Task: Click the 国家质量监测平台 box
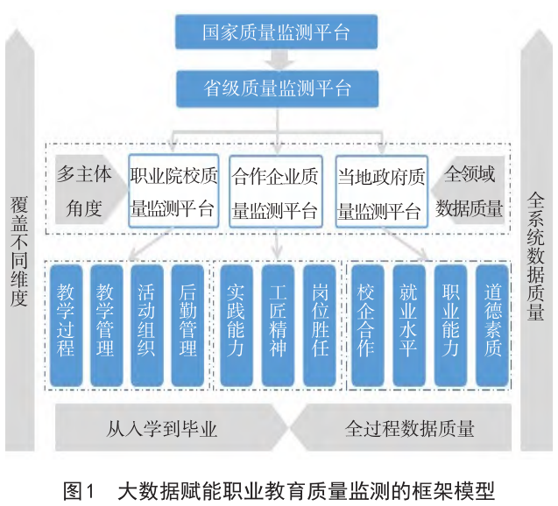point(277,32)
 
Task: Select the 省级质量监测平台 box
point(277,88)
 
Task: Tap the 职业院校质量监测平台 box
point(172,192)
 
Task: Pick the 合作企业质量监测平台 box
point(275,192)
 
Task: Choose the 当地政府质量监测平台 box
point(382,192)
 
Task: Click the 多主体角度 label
point(84,191)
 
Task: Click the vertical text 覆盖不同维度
point(19,254)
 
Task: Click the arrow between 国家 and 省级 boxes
point(277,60)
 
